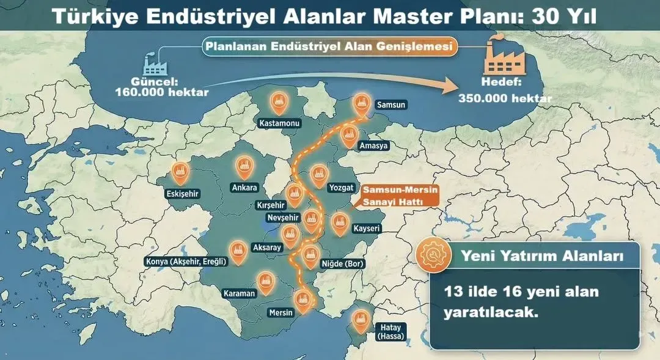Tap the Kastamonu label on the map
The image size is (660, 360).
tap(279, 123)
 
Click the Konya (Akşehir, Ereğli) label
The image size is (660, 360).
tap(186, 262)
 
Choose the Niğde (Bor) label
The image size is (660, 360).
tap(342, 264)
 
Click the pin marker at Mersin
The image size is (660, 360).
tap(301, 299)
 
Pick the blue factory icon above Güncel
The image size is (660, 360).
tap(155, 64)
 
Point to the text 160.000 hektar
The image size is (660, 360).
tap(161, 92)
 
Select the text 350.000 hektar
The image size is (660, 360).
tap(505, 98)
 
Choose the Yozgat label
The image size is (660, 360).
tap(341, 188)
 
